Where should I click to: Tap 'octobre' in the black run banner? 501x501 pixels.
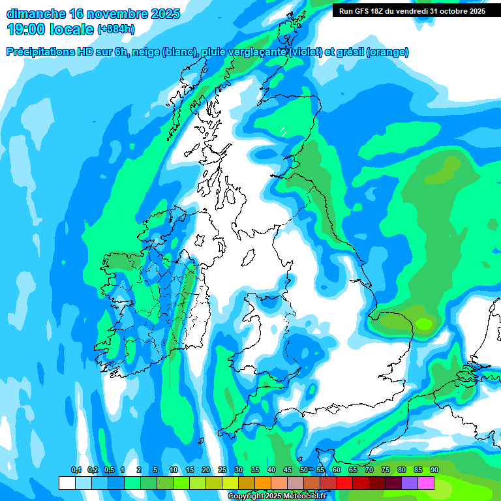tap(455, 11)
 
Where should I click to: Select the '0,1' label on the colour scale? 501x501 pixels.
tap(76, 470)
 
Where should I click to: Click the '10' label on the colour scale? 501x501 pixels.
tap(174, 470)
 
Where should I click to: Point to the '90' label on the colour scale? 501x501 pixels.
tap(434, 470)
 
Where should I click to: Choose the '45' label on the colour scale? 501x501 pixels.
tap(288, 470)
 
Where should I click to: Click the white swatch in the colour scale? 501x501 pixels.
tap(67, 483)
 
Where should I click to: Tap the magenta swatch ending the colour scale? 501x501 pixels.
tap(426, 483)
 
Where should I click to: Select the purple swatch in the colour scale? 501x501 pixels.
tap(410, 483)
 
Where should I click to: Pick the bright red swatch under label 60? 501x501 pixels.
tap(344, 483)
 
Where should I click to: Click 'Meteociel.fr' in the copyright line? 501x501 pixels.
tap(302, 496)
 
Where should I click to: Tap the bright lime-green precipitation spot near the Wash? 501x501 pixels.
tap(425, 323)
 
